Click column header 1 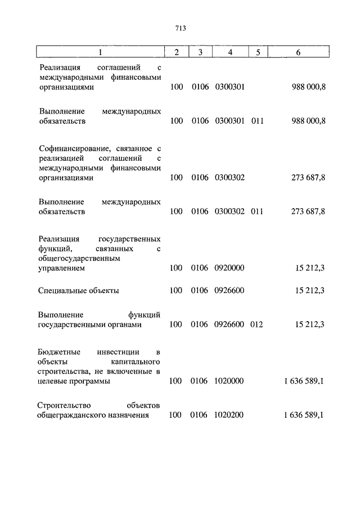[x=100, y=52]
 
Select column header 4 [x=230, y=52]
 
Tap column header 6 [x=298, y=52]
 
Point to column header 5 [x=258, y=52]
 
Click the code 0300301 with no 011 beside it [x=229, y=88]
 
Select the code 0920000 [x=229, y=268]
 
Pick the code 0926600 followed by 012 [x=229, y=325]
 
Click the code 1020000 [x=229, y=381]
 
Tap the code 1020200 [x=229, y=415]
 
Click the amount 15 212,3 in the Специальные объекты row [x=310, y=290]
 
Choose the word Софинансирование [x=71, y=148]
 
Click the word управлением [x=62, y=269]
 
